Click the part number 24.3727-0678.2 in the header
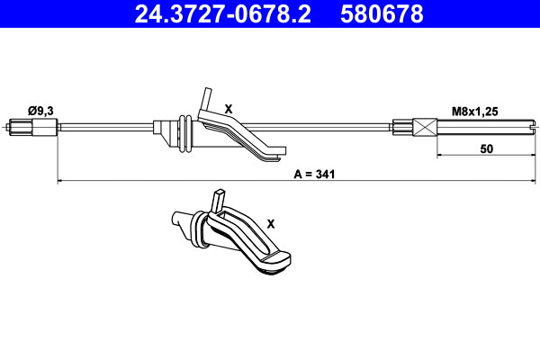(224, 14)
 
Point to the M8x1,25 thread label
(473, 111)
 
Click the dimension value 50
(486, 149)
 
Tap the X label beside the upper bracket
(229, 108)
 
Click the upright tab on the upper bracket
(207, 97)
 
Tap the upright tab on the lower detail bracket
(219, 199)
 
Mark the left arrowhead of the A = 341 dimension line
(60, 182)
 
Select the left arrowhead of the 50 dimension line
(441, 157)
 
